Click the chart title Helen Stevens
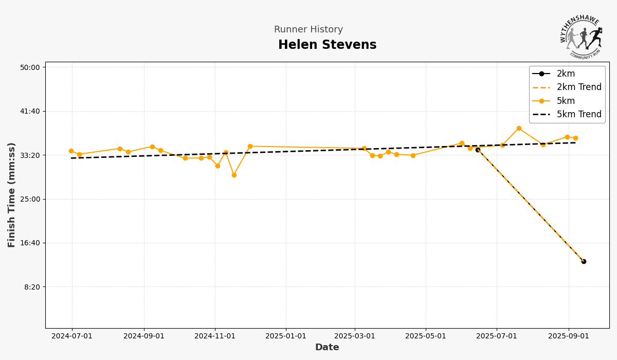[327, 45]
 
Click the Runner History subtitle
[308, 30]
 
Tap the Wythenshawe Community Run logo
[580, 37]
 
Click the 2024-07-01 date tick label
[72, 336]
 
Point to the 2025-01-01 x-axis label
[286, 336]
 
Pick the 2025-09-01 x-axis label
[568, 336]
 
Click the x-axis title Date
[327, 348]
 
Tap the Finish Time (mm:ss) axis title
[12, 195]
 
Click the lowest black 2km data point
[584, 261]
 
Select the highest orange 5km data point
[519, 129]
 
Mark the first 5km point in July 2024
[71, 151]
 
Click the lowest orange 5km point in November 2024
[234, 175]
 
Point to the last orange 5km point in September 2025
[575, 138]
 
